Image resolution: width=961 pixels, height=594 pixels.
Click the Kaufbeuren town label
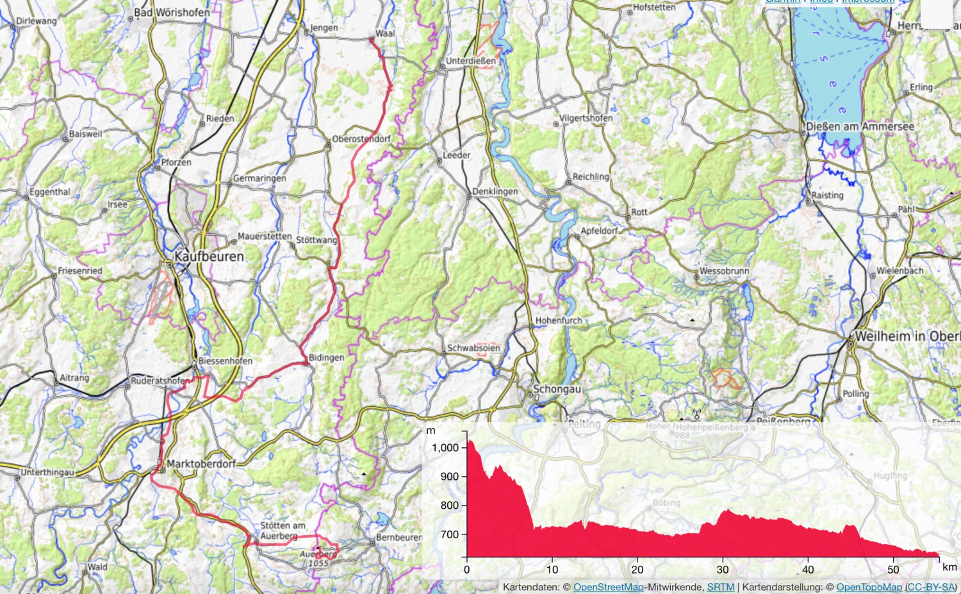209,256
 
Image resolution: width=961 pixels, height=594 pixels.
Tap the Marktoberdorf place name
201,463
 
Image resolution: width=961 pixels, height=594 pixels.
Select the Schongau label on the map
557,389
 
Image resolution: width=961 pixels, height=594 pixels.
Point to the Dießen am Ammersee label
860,126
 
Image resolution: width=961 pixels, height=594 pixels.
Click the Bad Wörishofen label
172,12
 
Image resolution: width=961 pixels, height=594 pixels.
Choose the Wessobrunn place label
724,271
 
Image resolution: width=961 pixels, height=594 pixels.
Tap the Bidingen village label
326,358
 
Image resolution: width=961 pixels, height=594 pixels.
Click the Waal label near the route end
385,33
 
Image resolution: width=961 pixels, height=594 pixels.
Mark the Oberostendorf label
361,139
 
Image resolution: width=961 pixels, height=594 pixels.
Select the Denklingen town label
495,192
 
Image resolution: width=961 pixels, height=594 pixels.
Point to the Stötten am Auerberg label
282,530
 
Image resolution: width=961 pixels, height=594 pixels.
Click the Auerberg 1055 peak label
318,559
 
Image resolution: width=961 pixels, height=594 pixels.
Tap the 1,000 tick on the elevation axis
445,447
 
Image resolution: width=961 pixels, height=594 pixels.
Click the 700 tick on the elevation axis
450,534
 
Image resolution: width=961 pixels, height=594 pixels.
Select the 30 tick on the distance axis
722,569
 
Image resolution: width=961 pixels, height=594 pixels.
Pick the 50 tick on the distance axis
893,569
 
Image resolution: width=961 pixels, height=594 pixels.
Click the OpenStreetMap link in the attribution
608,587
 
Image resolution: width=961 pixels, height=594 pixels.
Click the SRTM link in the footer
720,587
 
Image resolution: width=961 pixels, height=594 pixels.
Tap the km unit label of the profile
949,567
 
